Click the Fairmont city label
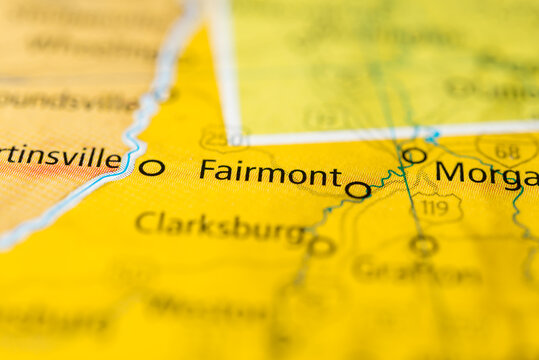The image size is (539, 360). point(270,173)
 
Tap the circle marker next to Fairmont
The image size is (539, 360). point(357,189)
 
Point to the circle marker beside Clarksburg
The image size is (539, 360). point(321,246)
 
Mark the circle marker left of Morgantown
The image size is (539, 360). point(414,155)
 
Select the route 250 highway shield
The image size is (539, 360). point(221,137)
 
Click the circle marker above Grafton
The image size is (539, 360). point(423,244)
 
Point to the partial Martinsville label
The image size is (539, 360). point(60,158)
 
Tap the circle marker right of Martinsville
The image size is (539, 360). point(152,167)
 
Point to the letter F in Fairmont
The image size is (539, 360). point(207,171)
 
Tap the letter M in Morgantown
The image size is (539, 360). point(452,172)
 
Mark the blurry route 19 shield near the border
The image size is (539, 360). point(325,117)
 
